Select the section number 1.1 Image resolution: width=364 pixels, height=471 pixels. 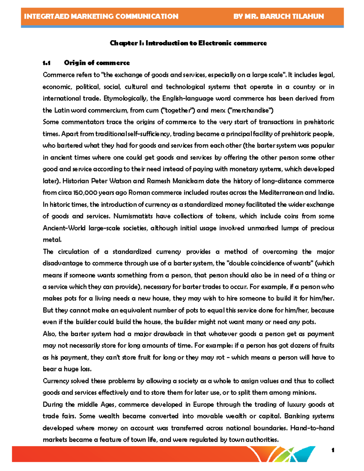tap(46, 63)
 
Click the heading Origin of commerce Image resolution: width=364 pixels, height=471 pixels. tap(97, 63)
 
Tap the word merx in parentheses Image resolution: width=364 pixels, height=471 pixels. tap(218, 110)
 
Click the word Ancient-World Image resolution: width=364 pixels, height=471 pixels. tap(64, 228)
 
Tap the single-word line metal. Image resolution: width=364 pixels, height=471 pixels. tap(52, 240)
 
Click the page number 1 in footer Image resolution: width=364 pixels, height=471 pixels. tap(333, 450)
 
